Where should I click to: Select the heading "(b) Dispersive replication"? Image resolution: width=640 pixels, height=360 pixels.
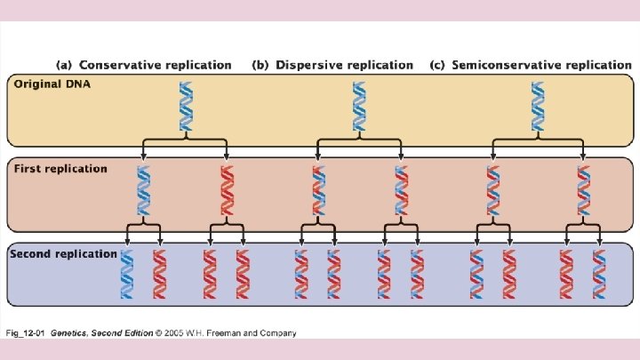click(x=332, y=65)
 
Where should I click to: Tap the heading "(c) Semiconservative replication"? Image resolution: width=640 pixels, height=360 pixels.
click(x=530, y=65)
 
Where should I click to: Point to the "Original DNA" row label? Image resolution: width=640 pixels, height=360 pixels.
click(x=52, y=84)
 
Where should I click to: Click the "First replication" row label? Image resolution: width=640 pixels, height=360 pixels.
click(x=60, y=169)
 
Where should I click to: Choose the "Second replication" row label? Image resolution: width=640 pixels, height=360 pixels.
click(x=63, y=253)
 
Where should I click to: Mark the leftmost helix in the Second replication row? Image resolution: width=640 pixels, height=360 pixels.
click(x=128, y=274)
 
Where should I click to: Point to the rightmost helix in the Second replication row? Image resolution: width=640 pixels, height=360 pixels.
click(x=599, y=274)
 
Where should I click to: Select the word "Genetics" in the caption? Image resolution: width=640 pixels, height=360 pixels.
click(x=70, y=333)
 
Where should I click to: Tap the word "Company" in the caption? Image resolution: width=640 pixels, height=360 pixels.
click(x=276, y=333)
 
